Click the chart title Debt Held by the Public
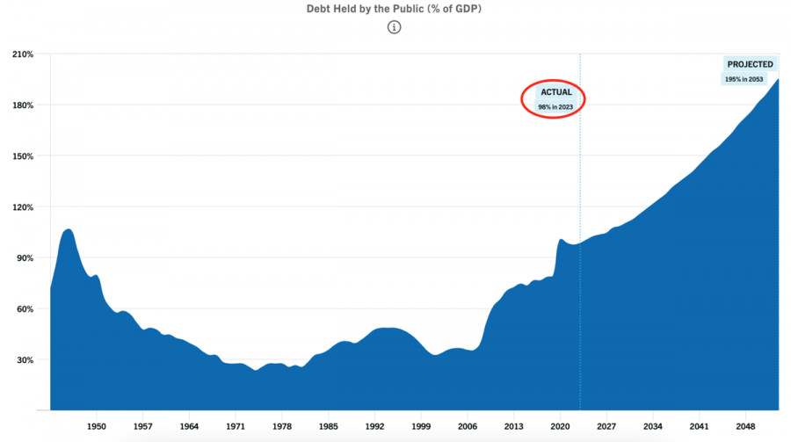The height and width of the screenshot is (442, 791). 395,8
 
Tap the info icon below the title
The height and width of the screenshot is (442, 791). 395,27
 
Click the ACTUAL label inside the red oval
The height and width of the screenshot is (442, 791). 555,92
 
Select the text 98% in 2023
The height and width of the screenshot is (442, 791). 555,106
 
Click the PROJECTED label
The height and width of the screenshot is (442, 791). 750,64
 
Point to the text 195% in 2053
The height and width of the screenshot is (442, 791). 750,79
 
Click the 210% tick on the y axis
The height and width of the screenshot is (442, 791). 23,54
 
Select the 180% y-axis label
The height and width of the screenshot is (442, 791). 23,105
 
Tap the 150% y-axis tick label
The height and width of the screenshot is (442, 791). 23,156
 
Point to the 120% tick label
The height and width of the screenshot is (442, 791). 23,207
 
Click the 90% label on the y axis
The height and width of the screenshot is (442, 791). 25,258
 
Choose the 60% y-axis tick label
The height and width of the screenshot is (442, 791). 25,309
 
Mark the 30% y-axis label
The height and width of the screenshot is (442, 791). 25,360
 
